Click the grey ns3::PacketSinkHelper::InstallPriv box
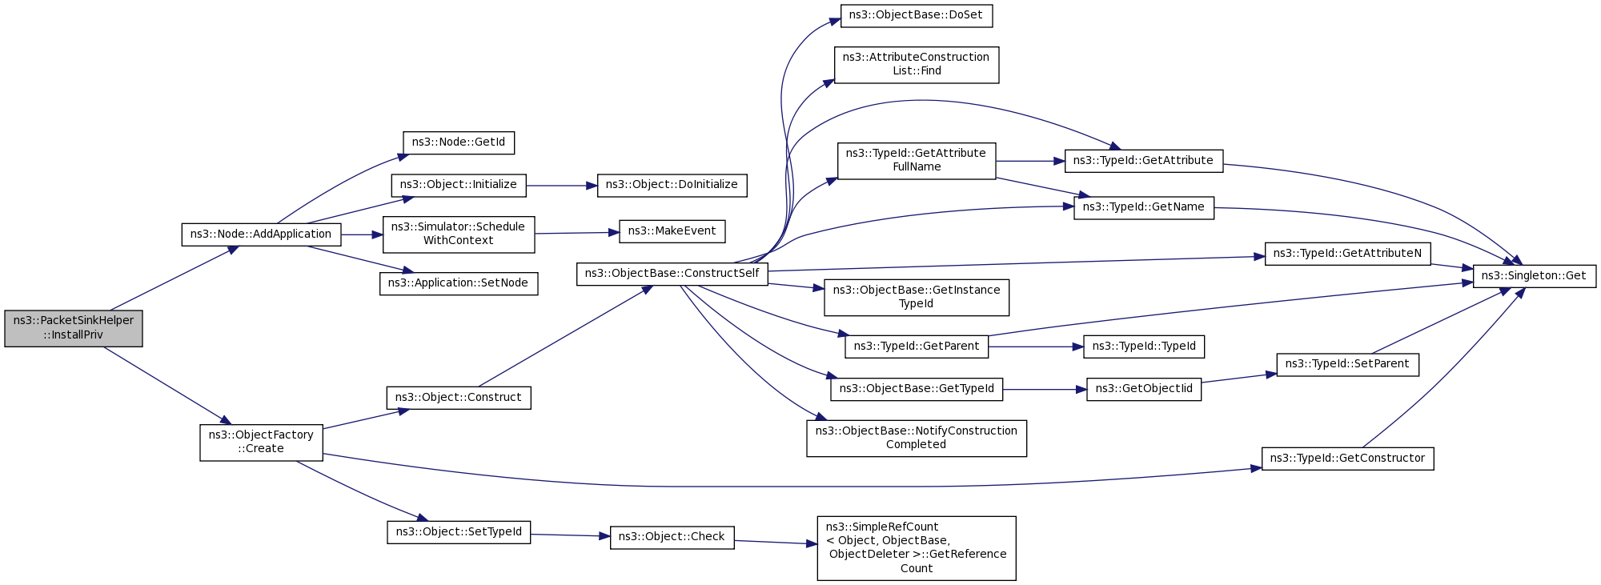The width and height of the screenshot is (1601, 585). pos(74,328)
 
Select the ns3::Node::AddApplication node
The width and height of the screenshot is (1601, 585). pos(261,234)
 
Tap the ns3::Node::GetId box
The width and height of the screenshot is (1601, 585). pos(459,142)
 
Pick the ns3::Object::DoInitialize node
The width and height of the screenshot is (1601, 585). pos(672,185)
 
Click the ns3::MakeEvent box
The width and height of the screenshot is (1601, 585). pos(672,231)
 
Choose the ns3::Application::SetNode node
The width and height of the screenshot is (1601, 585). pos(459,283)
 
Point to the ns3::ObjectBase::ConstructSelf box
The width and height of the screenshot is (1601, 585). pos(672,274)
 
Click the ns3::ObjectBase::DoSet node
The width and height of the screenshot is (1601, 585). pos(917,15)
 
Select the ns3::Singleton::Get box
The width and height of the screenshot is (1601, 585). pos(1535,276)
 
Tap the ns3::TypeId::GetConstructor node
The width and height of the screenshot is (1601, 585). pos(1348,459)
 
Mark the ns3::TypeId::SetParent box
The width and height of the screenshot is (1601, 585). pos(1348,364)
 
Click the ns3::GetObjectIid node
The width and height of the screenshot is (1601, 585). pos(1144,389)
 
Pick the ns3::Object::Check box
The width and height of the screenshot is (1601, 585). pos(672,537)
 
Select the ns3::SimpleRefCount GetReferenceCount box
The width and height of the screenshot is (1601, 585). pos(917,548)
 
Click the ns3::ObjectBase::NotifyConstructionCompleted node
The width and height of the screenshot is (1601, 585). pos(917,439)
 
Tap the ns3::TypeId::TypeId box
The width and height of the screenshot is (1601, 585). pos(1144,347)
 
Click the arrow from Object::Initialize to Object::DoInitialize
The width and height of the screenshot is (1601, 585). pos(562,186)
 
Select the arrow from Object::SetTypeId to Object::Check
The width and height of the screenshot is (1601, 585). pos(570,535)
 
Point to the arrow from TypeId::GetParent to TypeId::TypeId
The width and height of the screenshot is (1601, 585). pos(1036,347)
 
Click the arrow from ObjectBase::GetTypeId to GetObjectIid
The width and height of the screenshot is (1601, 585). pos(1045,390)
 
